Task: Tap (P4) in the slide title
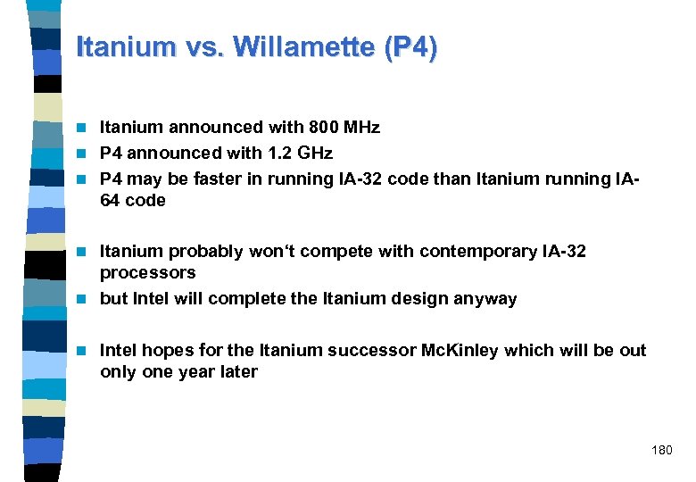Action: tap(410, 46)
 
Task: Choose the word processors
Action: tap(147, 273)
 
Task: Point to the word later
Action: tap(238, 372)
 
